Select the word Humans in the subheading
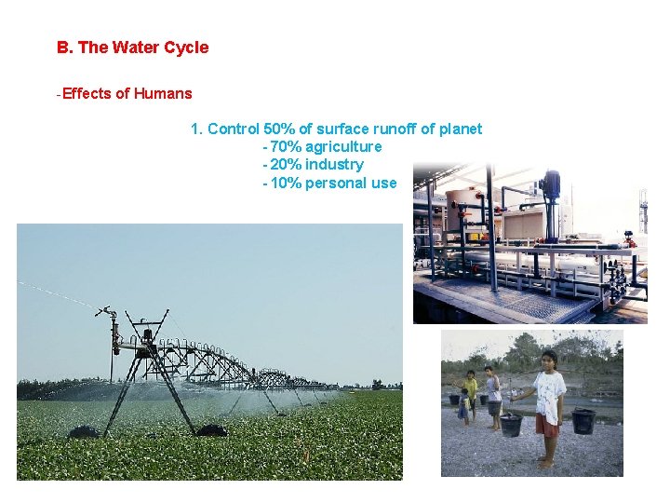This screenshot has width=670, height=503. [164, 93]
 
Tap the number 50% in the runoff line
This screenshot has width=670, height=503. [280, 129]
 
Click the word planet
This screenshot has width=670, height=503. [461, 129]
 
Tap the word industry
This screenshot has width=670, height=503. [335, 165]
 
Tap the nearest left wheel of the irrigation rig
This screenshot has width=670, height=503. [84, 431]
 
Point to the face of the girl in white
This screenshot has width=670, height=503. [549, 360]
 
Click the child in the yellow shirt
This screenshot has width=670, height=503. [472, 386]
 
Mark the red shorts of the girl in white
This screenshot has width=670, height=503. [546, 427]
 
